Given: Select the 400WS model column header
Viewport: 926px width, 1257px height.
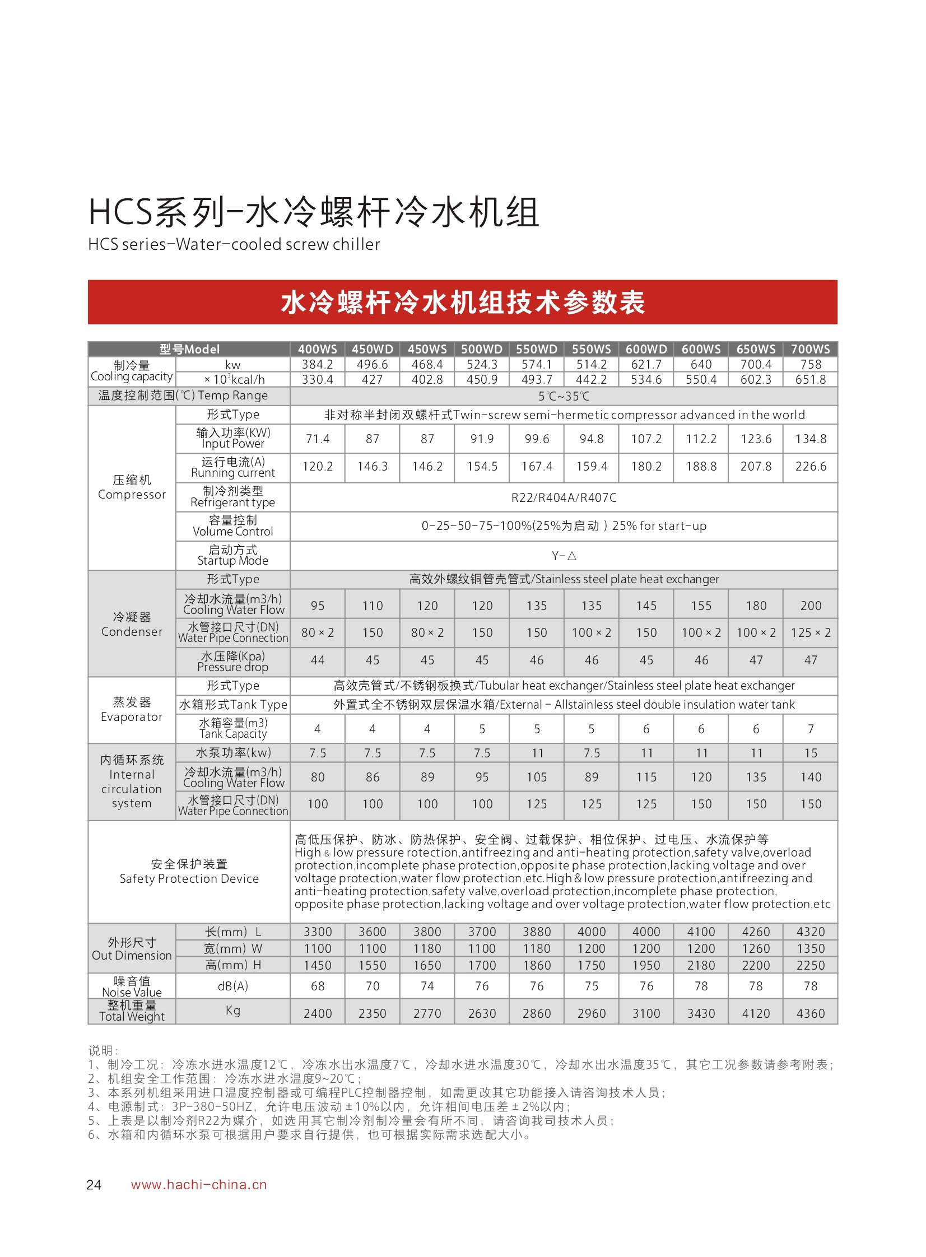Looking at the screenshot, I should pos(317,349).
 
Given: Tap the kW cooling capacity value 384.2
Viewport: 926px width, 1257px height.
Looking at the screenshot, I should pos(317,364).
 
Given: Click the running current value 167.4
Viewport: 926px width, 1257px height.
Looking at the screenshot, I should pos(537,466).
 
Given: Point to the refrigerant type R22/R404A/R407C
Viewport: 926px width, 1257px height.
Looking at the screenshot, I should pos(564,497).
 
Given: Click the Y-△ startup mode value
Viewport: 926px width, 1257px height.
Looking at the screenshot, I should pos(564,556).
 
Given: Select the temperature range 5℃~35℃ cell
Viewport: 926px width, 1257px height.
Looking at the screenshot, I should pos(564,396).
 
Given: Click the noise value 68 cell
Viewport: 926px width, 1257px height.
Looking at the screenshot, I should pos(317,986).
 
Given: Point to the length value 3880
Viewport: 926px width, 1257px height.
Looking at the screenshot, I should pos(537,932).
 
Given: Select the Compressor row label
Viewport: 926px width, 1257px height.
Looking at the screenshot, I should pos(132,487).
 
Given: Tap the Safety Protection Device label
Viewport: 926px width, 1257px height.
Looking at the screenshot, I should pos(189,872).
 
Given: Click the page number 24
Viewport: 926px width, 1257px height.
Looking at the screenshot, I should pos(94,1185).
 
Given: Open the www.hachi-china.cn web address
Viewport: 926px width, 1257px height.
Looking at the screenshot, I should pos(198,1185).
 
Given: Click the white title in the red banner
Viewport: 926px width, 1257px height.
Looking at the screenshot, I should pos(462,302).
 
